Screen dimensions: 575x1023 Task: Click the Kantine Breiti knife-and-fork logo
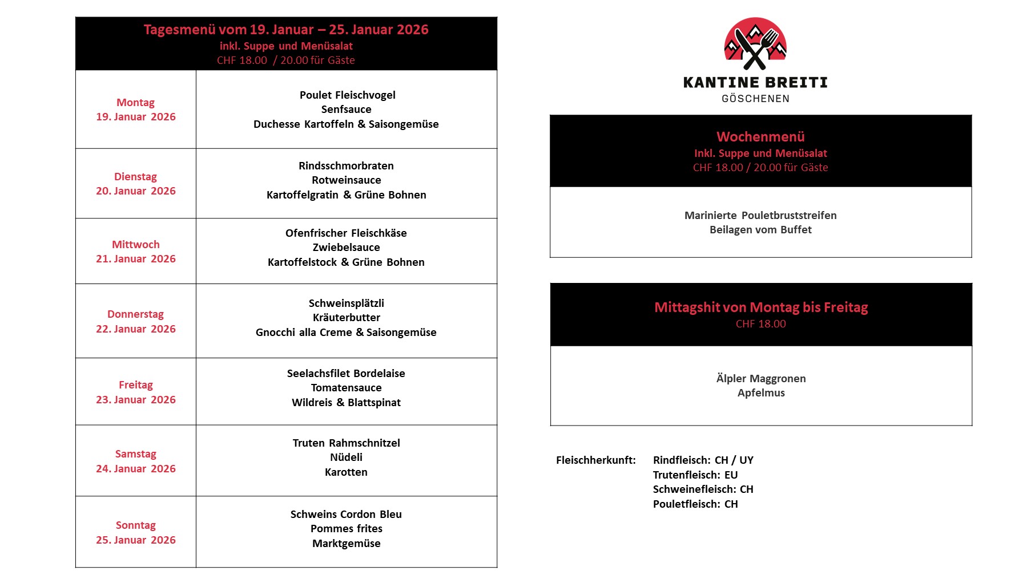point(755,43)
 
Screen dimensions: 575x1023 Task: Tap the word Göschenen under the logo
point(755,99)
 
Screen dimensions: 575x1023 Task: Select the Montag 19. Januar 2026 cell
point(136,110)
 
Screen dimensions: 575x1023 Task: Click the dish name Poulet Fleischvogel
point(347,95)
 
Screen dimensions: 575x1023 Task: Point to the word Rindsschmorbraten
point(346,165)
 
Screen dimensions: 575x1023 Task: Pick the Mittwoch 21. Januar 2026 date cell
point(136,252)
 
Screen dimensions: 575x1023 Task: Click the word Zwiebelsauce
point(346,247)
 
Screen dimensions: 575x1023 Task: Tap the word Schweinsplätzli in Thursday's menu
point(346,303)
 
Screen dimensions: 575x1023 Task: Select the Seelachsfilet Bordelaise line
point(346,373)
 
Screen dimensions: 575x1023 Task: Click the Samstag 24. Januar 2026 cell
point(136,461)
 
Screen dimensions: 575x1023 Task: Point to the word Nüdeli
point(346,457)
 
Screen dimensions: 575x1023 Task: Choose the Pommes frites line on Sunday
point(346,528)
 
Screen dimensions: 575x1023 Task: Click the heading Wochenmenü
point(760,136)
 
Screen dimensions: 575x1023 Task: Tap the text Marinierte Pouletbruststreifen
point(760,215)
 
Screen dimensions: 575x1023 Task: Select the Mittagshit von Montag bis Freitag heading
point(760,307)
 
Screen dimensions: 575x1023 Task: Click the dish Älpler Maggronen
point(760,378)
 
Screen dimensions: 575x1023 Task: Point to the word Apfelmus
point(760,392)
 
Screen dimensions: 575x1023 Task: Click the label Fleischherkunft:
point(595,460)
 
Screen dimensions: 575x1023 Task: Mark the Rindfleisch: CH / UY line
point(703,460)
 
